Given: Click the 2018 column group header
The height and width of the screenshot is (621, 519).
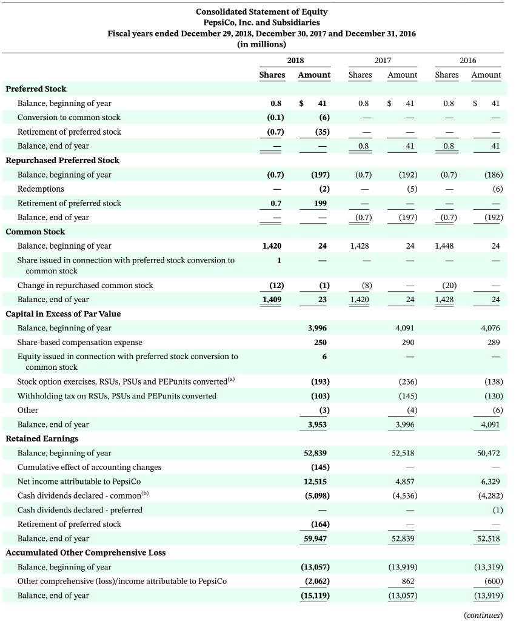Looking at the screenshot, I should coord(295,60).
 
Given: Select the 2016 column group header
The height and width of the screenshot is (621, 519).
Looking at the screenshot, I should coord(467,60).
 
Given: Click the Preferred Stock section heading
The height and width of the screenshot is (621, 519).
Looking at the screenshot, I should coord(36,89).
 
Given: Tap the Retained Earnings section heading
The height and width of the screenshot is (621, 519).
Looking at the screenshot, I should coord(42,438).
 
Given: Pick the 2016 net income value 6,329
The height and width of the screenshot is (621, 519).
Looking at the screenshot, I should coord(491,482).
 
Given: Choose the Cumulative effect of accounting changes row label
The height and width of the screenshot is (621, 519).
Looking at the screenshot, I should coord(89,467).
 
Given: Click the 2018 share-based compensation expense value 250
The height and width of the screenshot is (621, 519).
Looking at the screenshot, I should coord(321,343).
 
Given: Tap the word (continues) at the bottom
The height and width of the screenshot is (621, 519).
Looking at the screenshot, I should coord(483,615).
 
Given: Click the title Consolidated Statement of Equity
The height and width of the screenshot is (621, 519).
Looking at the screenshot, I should coord(261,12).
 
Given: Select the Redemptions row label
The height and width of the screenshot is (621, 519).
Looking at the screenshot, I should coord(41,189).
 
